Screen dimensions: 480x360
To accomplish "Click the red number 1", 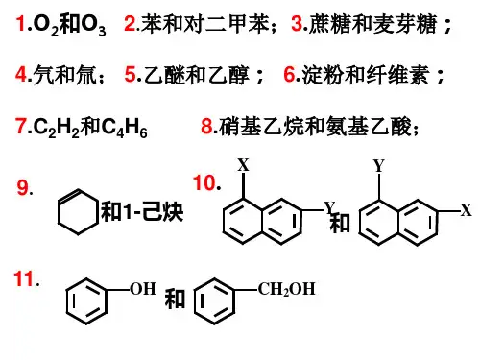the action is pyautogui.click(x=21, y=23).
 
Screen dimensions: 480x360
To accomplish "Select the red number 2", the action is pyautogui.click(x=130, y=23).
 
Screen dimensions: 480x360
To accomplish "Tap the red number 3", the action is pyautogui.click(x=297, y=23).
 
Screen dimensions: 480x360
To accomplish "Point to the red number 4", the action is pyautogui.click(x=21, y=74).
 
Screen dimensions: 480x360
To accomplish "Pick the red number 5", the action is pyautogui.click(x=131, y=74).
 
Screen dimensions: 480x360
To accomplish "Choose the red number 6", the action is pyautogui.click(x=289, y=74).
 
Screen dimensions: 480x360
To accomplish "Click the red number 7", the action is pyautogui.click(x=21, y=126).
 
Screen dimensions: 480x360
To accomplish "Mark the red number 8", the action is pyautogui.click(x=206, y=126).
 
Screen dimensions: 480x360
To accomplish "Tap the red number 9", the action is pyautogui.click(x=23, y=187).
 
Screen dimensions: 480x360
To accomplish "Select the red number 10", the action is pyautogui.click(x=204, y=183).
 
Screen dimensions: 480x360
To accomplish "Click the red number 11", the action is pyautogui.click(x=24, y=278).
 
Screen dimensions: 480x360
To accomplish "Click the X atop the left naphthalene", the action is pyautogui.click(x=243, y=165).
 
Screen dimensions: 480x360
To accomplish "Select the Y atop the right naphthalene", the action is pyautogui.click(x=379, y=166).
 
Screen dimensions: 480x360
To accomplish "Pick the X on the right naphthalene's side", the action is pyautogui.click(x=466, y=210).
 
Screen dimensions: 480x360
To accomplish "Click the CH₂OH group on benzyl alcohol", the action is pyautogui.click(x=287, y=289).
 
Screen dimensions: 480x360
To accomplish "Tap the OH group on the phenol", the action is pyautogui.click(x=143, y=289).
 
